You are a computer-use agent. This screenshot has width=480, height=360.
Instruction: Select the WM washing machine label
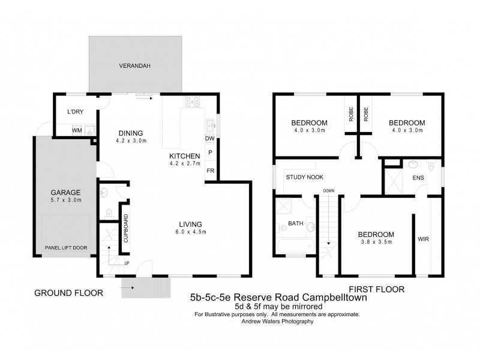[76, 130]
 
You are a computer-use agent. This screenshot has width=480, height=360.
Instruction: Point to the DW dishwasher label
[210, 139]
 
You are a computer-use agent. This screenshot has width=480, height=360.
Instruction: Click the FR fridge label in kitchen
[210, 170]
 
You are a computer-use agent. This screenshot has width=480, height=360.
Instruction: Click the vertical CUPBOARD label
[127, 228]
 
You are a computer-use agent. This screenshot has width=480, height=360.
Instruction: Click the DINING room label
[130, 133]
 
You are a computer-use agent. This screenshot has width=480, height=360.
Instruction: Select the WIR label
[423, 238]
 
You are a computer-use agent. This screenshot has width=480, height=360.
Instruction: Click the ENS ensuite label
[418, 178]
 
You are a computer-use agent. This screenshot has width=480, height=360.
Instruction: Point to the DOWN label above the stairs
[328, 191]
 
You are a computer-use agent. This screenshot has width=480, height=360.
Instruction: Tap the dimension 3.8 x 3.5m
[376, 242]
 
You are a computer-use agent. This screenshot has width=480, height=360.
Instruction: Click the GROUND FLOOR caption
[68, 293]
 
